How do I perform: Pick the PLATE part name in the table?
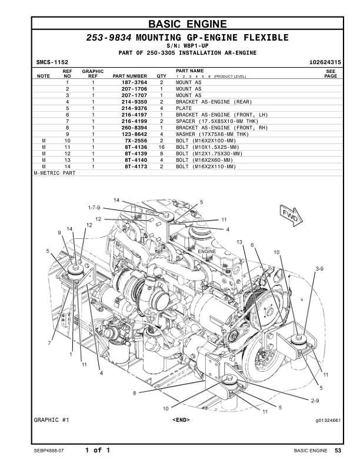pos(185,108)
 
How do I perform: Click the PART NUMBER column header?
pos(129,76)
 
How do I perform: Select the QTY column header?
pos(161,76)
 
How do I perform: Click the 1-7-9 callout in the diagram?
pos(94,208)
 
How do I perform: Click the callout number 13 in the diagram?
pos(239,242)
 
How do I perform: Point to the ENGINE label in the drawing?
pos(207,251)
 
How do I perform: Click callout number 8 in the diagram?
pos(135,393)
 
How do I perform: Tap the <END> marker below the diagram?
pos(181,420)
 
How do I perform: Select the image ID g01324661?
pos(328,420)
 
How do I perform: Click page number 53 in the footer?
pos(338,451)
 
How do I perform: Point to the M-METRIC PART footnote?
pos(55,174)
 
